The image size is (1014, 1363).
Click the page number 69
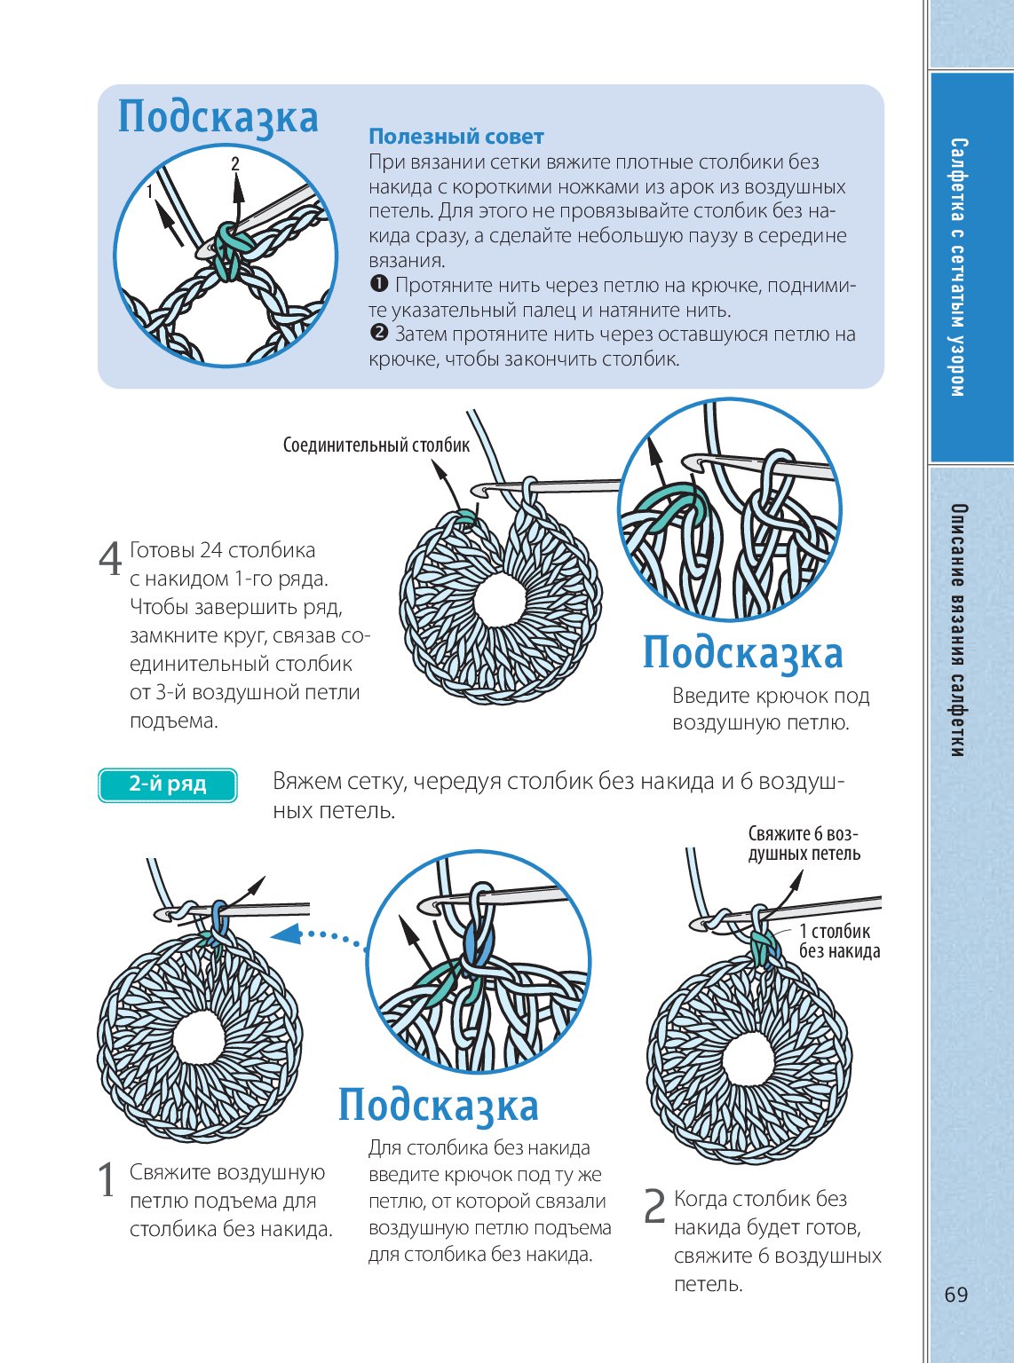(x=955, y=1295)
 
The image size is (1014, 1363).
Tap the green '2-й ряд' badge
(x=168, y=784)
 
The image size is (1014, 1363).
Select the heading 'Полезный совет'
(x=456, y=137)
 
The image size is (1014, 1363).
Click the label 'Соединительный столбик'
(x=376, y=445)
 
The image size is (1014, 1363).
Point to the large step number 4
(x=110, y=559)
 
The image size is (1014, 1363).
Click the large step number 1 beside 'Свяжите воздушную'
(x=107, y=1180)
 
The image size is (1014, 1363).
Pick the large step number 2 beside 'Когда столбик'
(x=654, y=1207)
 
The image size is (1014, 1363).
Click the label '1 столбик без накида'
(x=839, y=941)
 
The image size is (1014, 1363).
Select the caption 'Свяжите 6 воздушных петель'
(x=804, y=843)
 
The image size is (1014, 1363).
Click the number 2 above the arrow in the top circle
(x=235, y=163)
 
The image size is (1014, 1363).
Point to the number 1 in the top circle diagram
(x=150, y=191)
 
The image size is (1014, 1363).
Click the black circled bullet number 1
(x=378, y=285)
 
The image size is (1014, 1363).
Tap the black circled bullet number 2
(x=378, y=335)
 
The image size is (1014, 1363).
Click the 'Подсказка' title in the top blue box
(x=218, y=117)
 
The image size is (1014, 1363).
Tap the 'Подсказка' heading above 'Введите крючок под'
(x=742, y=652)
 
